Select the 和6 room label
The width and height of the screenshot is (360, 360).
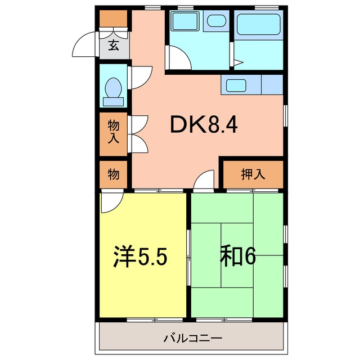click(237, 256)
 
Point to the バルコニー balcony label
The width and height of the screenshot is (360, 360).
click(193, 339)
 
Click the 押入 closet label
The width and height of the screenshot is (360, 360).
click(253, 174)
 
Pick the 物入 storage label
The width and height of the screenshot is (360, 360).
click(114, 132)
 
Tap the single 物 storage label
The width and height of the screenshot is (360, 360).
click(114, 174)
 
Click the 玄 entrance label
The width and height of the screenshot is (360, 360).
click(114, 46)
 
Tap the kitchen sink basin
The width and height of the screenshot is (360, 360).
click(235, 86)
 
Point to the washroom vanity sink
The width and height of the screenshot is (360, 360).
click(215, 21)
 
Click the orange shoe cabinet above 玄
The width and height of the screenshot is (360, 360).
click(114, 19)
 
